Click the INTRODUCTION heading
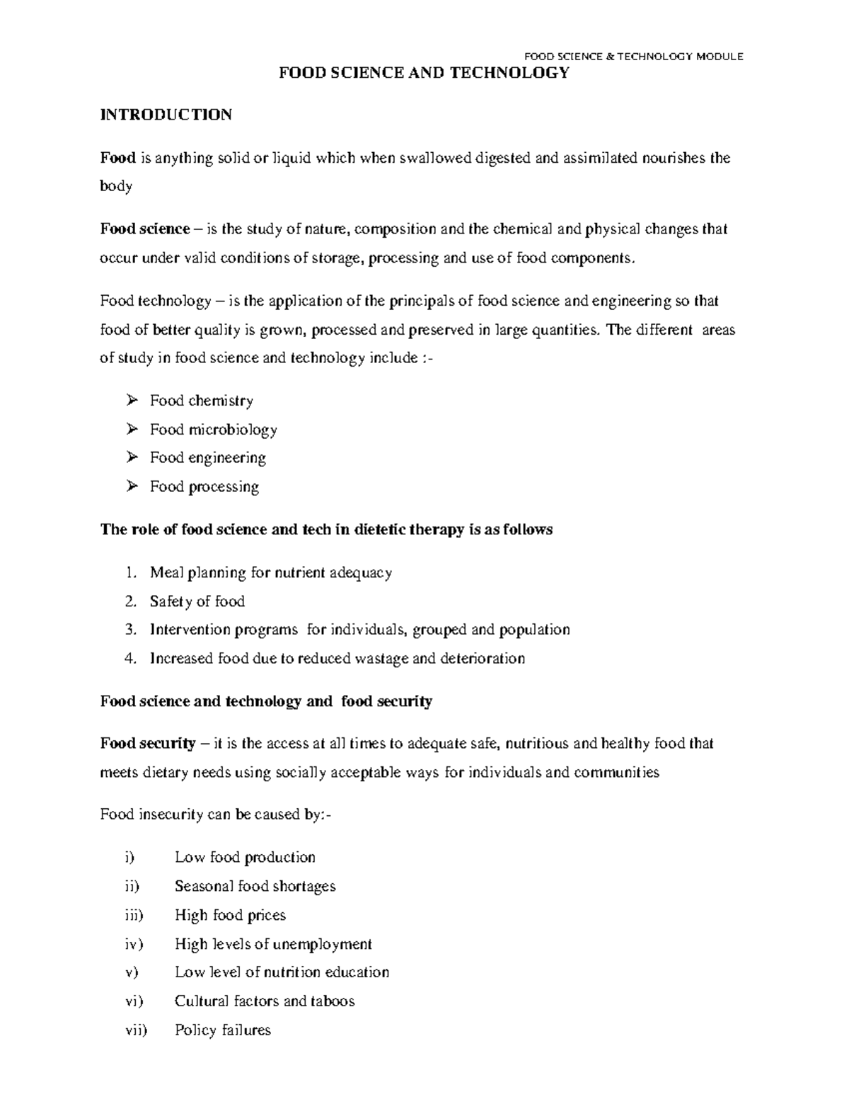coord(166,115)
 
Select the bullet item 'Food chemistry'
coord(201,401)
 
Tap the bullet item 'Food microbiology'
coord(213,430)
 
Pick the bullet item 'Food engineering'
coord(207,458)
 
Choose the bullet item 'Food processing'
coord(204,487)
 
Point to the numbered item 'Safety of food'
coord(197,602)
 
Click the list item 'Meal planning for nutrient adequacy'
coord(270,572)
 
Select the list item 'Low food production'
coord(245,858)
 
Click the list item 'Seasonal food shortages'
coord(255,887)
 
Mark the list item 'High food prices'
coord(230,916)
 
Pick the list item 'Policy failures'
coord(222,1030)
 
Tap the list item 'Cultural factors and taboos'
coord(264,1001)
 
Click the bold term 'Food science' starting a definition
coord(144,229)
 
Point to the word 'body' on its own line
coord(116,187)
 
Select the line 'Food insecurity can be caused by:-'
coord(215,815)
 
